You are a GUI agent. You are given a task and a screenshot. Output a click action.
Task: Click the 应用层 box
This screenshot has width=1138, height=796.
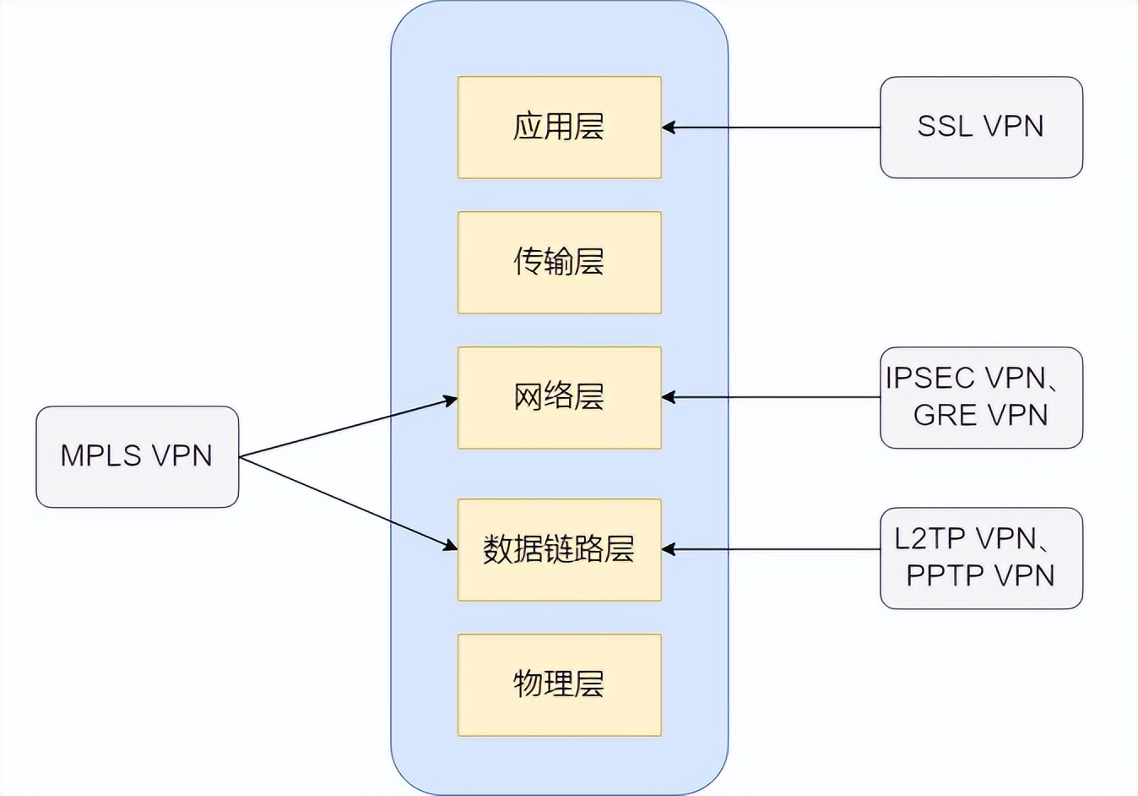[559, 128]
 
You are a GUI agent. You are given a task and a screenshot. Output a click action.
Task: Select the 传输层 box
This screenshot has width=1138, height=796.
[559, 262]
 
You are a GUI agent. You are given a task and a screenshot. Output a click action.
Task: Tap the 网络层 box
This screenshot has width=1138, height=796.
[559, 397]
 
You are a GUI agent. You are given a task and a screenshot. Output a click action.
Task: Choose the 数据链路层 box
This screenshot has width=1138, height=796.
[559, 549]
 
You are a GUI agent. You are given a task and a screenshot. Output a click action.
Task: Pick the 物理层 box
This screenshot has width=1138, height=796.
[559, 684]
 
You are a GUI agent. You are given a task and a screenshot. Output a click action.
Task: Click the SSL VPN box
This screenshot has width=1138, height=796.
[981, 128]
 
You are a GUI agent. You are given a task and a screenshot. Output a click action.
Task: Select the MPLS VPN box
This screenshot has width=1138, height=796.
[137, 456]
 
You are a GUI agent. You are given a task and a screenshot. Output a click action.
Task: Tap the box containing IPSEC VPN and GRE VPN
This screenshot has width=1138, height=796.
[981, 397]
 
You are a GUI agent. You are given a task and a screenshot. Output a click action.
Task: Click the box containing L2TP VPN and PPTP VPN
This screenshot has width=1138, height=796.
[981, 558]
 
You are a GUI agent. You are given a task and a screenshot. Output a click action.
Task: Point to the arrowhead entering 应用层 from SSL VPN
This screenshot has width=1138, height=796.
[669, 128]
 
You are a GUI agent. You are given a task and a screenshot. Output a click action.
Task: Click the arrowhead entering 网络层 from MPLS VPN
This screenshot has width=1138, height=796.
[450, 400]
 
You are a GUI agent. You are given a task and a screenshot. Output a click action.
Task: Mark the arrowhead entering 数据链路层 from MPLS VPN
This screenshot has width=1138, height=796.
[450, 547]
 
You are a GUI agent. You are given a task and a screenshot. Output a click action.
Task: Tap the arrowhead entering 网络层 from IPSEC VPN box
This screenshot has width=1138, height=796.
[669, 397]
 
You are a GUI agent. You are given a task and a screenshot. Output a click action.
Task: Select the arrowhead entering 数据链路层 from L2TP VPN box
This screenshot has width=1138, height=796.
[669, 549]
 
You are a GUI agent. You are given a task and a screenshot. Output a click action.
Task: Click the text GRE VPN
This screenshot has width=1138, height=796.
[981, 415]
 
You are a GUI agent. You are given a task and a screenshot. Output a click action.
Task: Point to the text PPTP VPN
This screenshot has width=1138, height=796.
[981, 575]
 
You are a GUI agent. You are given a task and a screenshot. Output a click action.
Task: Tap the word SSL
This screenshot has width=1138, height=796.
[945, 126]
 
